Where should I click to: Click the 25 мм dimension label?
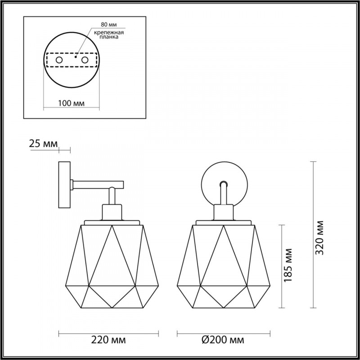pyautogui.click(x=43, y=144)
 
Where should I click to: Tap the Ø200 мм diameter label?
pyautogui.click(x=224, y=339)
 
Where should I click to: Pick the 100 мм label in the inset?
pyautogui.click(x=72, y=103)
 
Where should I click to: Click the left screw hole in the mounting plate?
pyautogui.click(x=59, y=60)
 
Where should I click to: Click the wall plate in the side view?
pyautogui.click(x=64, y=184)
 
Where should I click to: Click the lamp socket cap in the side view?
pyautogui.click(x=112, y=211)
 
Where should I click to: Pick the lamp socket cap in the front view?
pyautogui.click(x=224, y=211)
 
